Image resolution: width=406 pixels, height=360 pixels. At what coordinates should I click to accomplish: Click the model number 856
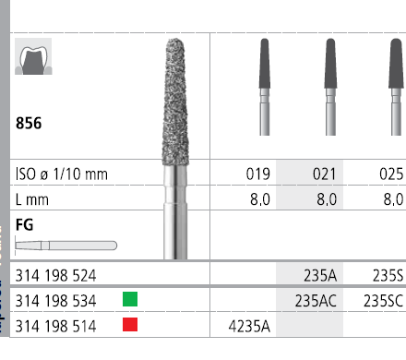[x=29, y=123]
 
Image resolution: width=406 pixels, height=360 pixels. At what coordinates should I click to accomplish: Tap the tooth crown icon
[x=33, y=56]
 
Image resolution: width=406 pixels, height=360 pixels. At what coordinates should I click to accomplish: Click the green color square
[x=130, y=299]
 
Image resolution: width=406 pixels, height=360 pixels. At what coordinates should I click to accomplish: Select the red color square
[x=130, y=324]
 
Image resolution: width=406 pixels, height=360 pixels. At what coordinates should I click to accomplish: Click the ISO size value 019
[x=258, y=174]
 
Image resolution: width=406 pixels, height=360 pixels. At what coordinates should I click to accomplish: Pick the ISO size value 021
[x=325, y=174]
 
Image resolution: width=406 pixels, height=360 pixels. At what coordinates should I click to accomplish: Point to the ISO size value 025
[x=391, y=174]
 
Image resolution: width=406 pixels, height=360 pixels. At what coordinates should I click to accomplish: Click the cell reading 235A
[x=320, y=275]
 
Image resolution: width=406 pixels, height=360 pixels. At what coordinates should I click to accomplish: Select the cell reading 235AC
[x=316, y=301]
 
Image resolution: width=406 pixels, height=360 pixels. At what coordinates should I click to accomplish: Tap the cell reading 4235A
[x=249, y=326]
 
